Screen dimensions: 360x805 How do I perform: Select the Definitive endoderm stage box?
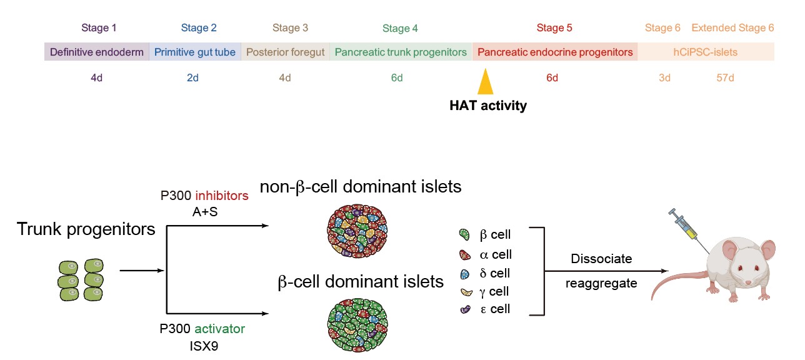click(97, 52)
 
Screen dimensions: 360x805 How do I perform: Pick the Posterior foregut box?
click(286, 52)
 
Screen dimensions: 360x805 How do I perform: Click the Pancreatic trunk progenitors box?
click(401, 52)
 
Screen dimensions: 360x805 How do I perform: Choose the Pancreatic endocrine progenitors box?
click(555, 52)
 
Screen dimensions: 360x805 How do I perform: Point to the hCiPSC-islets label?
click(705, 52)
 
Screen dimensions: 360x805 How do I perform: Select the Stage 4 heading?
click(400, 28)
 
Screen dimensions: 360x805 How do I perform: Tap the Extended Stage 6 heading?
click(732, 28)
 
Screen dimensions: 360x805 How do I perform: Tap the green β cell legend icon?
click(464, 236)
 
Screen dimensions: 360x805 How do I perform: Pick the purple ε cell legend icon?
click(464, 309)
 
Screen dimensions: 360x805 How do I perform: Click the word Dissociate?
click(602, 259)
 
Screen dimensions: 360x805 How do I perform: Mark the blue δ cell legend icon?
click(464, 274)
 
